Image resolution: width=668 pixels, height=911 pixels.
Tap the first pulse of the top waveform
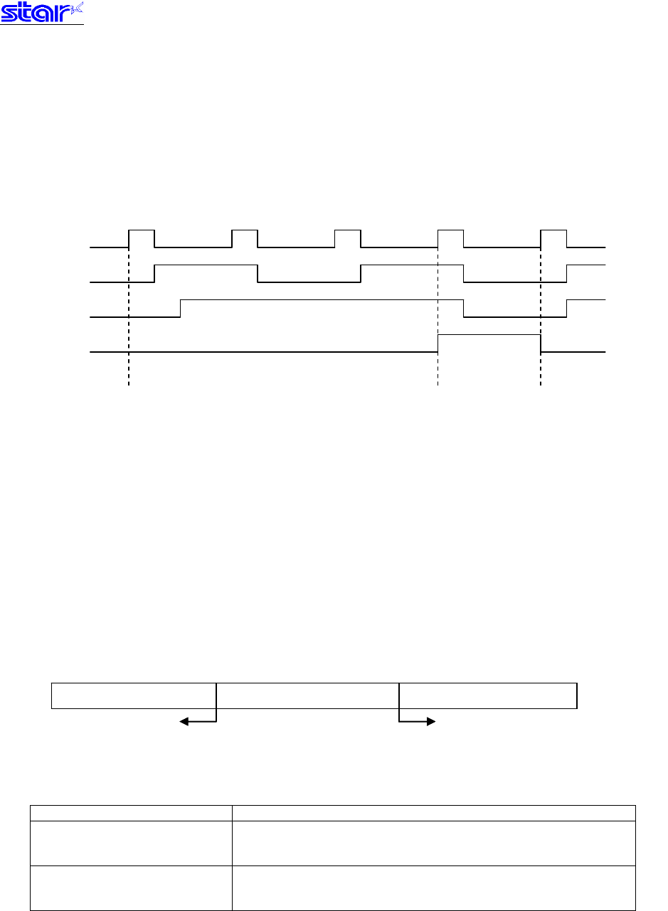pyautogui.click(x=142, y=239)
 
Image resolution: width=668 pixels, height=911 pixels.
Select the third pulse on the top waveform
pyautogui.click(x=348, y=239)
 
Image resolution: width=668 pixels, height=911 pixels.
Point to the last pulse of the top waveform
pyautogui.click(x=553, y=239)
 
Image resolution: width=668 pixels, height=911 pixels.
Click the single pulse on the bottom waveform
pyautogui.click(x=489, y=343)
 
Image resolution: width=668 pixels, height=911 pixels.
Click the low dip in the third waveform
pyautogui.click(x=515, y=309)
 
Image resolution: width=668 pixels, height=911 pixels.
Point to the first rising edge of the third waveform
pyautogui.click(x=181, y=309)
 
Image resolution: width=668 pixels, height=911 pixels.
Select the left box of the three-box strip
pyautogui.click(x=134, y=696)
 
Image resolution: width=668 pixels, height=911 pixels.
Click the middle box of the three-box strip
pyautogui.click(x=307, y=696)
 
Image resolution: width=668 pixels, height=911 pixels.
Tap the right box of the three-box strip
pyautogui.click(x=488, y=696)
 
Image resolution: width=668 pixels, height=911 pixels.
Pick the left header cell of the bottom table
pyautogui.click(x=131, y=813)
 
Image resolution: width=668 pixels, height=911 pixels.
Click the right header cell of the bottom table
pyautogui.click(x=433, y=813)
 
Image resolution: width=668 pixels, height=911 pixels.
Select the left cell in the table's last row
pyautogui.click(x=131, y=888)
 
